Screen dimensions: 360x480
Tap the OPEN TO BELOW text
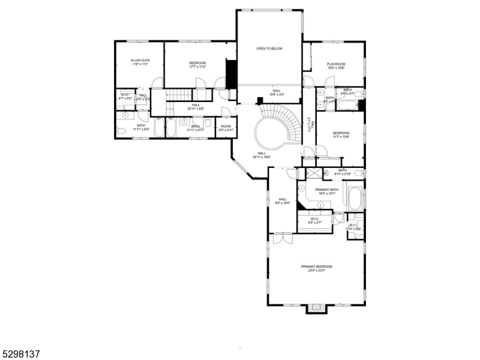[x=269, y=49]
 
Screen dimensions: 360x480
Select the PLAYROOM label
[x=336, y=64]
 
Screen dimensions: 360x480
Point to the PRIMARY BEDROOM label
[x=316, y=266]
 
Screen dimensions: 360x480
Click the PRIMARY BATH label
[x=327, y=190]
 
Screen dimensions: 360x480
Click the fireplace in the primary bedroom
[x=316, y=308]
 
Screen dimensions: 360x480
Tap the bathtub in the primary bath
[x=354, y=198]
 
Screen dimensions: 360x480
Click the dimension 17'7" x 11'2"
[x=197, y=67]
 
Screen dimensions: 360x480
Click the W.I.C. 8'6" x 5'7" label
[x=316, y=220]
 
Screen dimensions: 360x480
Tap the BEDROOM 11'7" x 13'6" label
[x=341, y=135]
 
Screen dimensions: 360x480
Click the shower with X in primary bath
[x=313, y=173]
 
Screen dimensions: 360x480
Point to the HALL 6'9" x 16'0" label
[x=282, y=201]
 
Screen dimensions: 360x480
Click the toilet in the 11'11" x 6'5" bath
[x=121, y=131]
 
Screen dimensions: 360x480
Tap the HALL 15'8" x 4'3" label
[x=276, y=92]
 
